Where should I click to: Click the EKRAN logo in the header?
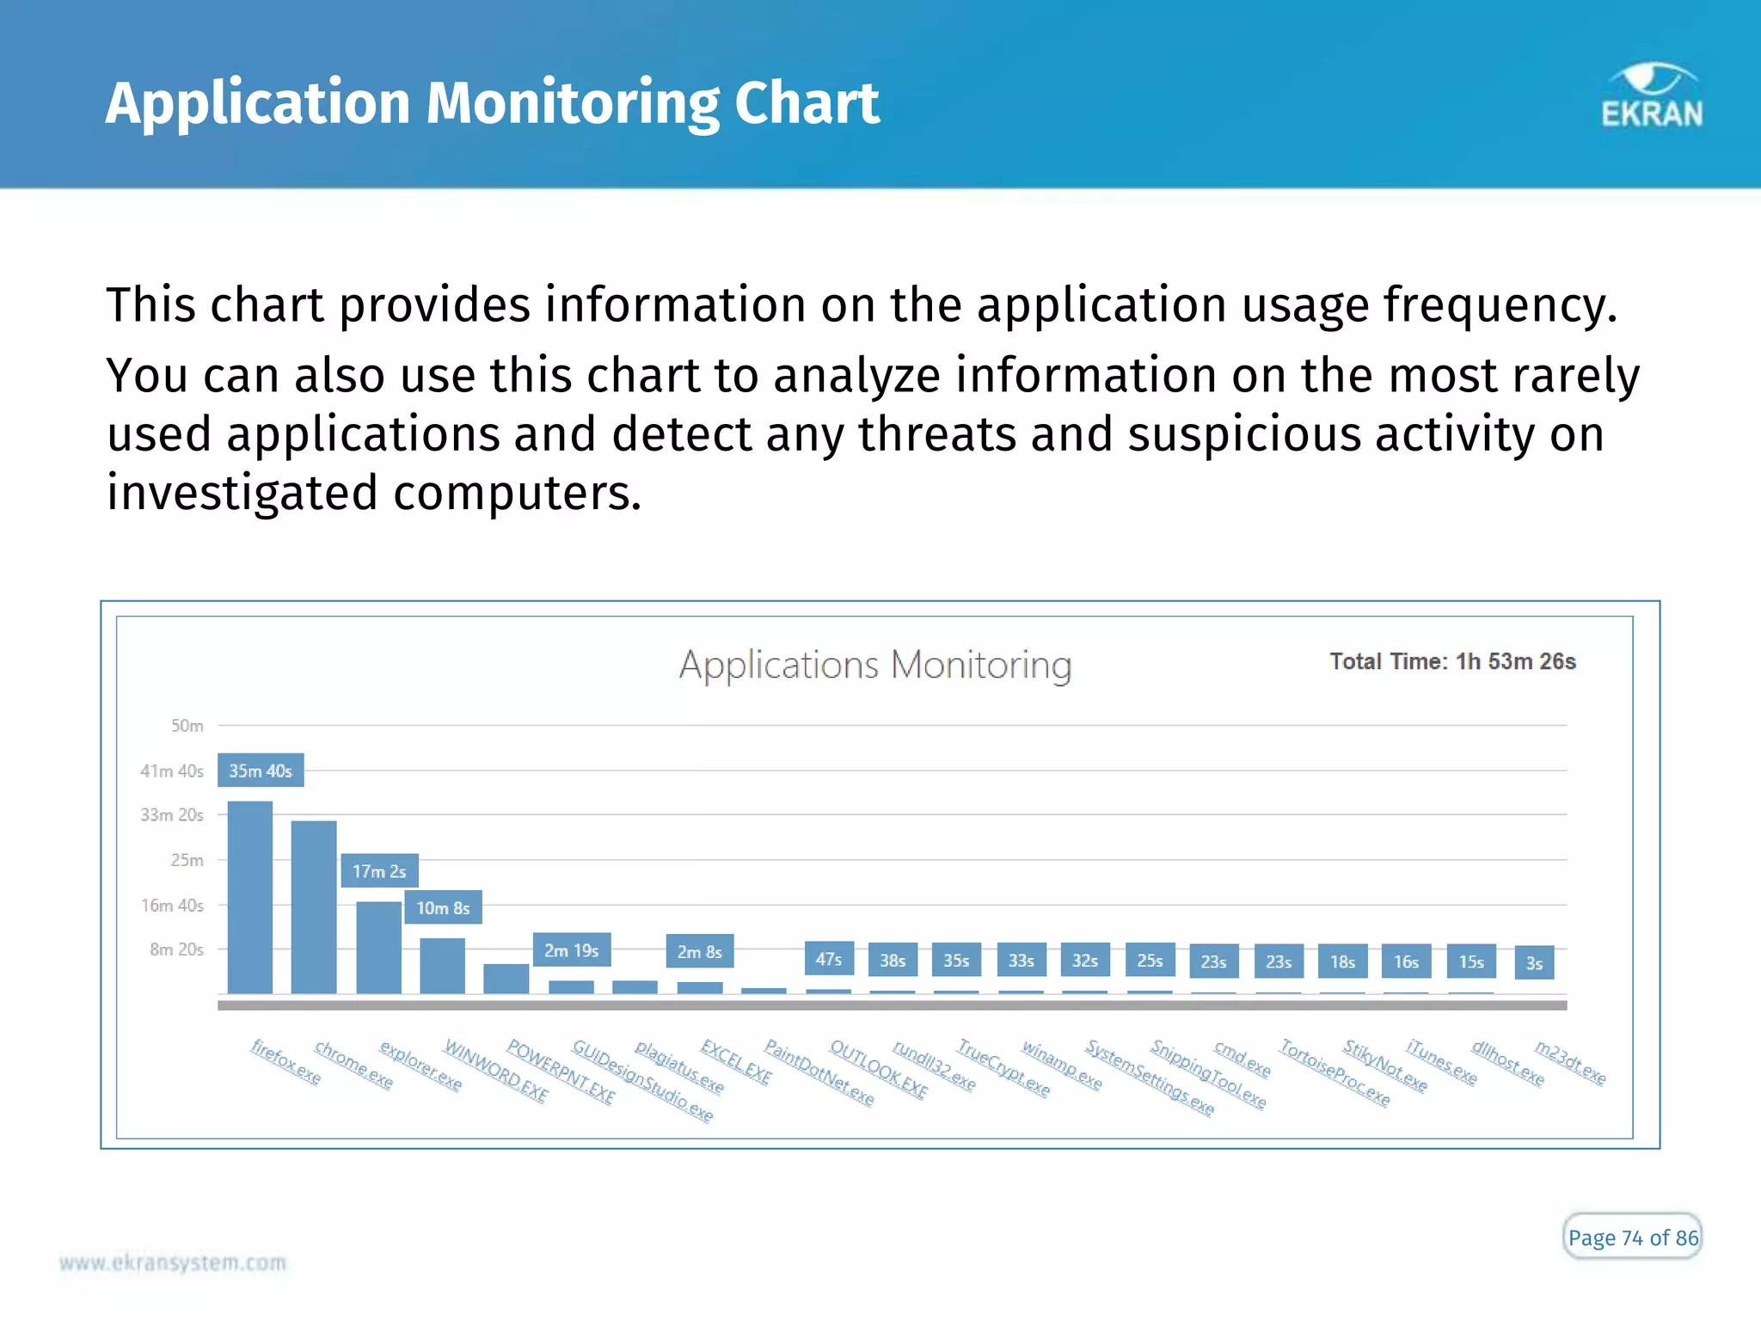[x=1651, y=96]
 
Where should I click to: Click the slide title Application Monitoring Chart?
[x=492, y=103]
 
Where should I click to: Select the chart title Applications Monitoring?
[x=875, y=665]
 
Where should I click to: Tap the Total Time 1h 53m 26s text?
[x=1452, y=661]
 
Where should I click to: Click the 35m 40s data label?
[x=261, y=771]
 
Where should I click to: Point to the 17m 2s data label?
[x=379, y=871]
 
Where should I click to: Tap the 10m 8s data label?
[x=443, y=908]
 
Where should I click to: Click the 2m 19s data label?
[x=571, y=950]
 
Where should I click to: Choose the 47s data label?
[x=829, y=959]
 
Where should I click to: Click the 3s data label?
[x=1534, y=963]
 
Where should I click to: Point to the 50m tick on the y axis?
[x=187, y=726]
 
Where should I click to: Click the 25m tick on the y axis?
[x=187, y=860]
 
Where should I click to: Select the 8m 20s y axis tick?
[x=176, y=949]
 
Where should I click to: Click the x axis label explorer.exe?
[x=420, y=1066]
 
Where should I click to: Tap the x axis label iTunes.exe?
[x=1441, y=1062]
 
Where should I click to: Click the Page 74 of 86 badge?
[x=1632, y=1238]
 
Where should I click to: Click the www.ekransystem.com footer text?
[x=173, y=1263]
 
